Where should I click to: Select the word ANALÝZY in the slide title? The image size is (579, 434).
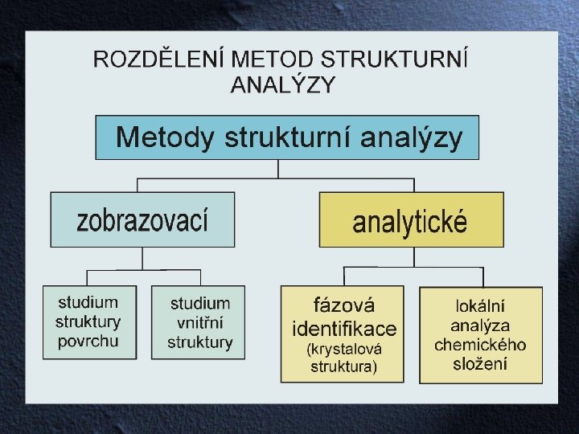283,84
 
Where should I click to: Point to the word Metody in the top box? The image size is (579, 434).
166,138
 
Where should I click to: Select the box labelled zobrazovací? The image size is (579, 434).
143,219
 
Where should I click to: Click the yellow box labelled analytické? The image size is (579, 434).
411,219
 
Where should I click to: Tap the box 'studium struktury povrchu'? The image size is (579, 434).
88,321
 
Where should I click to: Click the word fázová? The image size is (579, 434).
344,306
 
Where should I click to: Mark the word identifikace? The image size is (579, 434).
344,328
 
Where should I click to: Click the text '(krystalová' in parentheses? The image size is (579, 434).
344,350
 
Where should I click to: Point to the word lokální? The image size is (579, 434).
480,306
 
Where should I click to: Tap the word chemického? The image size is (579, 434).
480,345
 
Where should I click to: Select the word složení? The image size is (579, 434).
480,364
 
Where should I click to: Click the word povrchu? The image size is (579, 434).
88,341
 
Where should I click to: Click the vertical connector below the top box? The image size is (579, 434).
278,168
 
